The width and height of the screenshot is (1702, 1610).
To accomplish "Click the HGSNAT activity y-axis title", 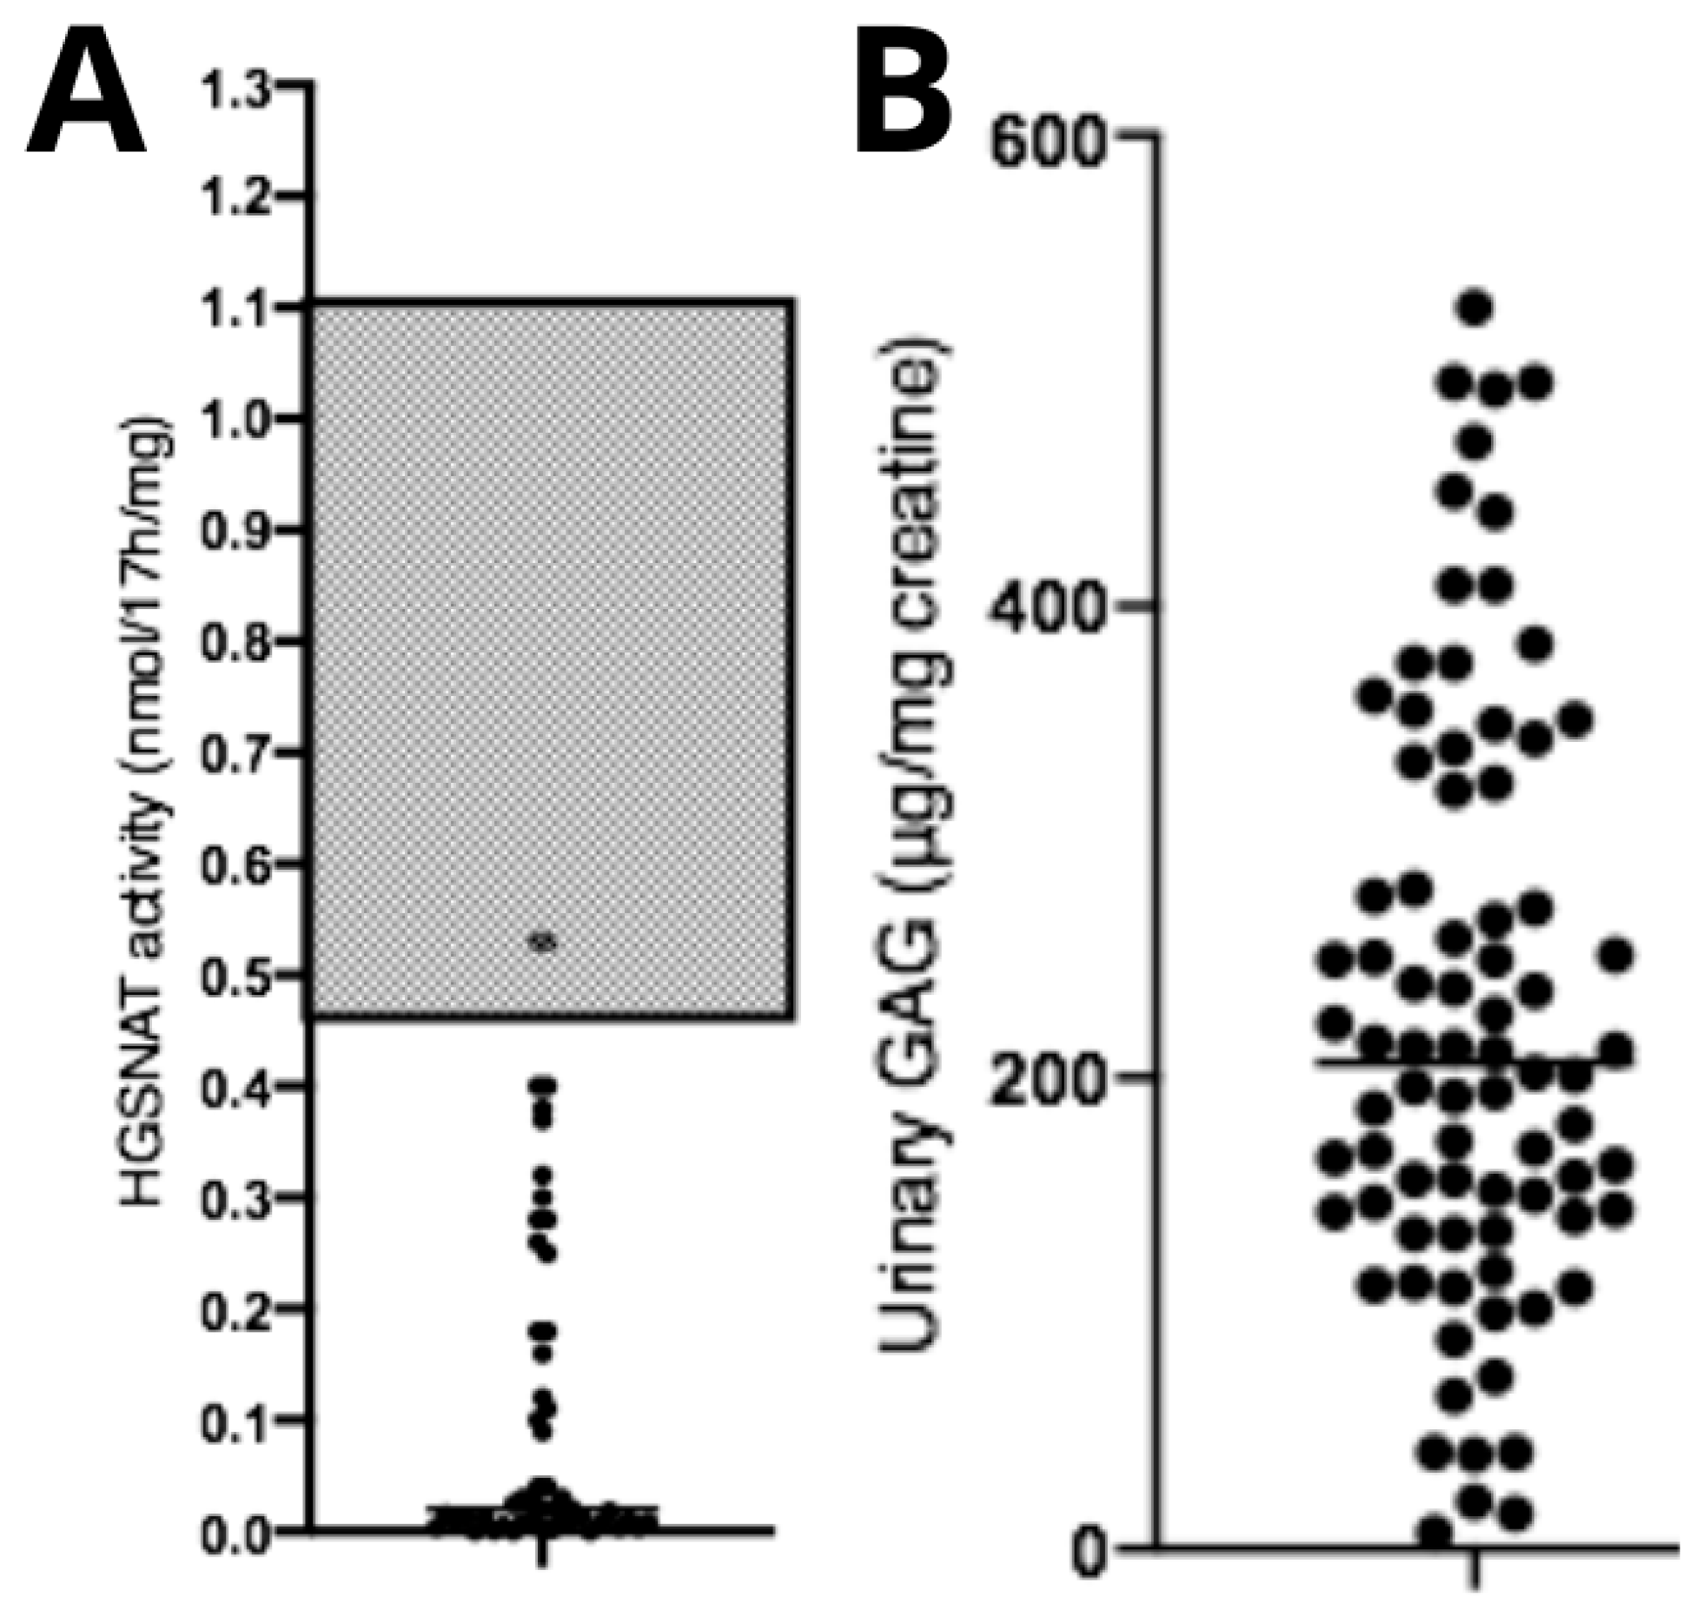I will [148, 812].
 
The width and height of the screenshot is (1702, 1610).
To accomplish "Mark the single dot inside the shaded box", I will [544, 943].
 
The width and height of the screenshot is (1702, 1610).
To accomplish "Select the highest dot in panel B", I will [1475, 308].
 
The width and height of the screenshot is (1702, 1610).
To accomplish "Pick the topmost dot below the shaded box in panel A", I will [545, 1085].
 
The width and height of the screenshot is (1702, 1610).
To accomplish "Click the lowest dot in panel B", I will [1436, 1531].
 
